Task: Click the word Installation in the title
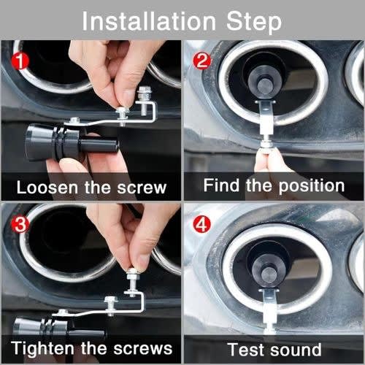tap(149, 21)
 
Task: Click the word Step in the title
tap(254, 23)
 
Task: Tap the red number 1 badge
tap(20, 61)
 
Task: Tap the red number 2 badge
tap(201, 61)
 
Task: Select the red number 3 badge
tap(20, 224)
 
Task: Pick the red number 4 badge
tap(201, 224)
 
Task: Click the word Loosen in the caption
tap(47, 188)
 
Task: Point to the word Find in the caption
tap(221, 185)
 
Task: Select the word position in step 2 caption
tap(312, 187)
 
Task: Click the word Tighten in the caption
tap(42, 348)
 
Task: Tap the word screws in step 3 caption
tap(143, 349)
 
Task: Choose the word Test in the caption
tap(247, 350)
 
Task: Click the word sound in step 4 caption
tap(296, 350)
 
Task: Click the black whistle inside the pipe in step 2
tap(264, 78)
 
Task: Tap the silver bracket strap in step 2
tap(266, 117)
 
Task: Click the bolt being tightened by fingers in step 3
tap(132, 283)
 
